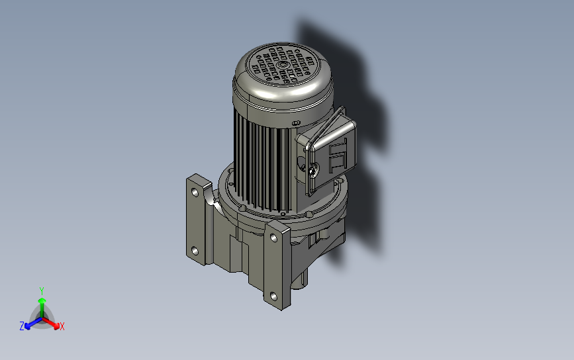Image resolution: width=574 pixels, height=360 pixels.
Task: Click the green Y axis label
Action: pos(42,291)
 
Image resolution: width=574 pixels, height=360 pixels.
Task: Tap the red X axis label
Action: pos(62,326)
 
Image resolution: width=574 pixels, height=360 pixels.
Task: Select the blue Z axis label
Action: pos(22,326)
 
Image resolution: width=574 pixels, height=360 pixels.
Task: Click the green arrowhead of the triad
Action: pos(42,300)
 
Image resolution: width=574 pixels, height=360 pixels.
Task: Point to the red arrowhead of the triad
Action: pos(56,325)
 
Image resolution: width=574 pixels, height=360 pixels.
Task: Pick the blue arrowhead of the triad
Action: pos(27,326)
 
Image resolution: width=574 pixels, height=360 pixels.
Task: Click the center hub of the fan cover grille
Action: pos(282,65)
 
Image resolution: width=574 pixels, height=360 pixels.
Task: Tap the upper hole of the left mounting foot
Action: pos(195,193)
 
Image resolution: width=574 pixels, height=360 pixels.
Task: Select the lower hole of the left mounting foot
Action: pos(195,251)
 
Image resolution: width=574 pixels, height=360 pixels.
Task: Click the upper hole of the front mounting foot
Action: pos(273,238)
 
